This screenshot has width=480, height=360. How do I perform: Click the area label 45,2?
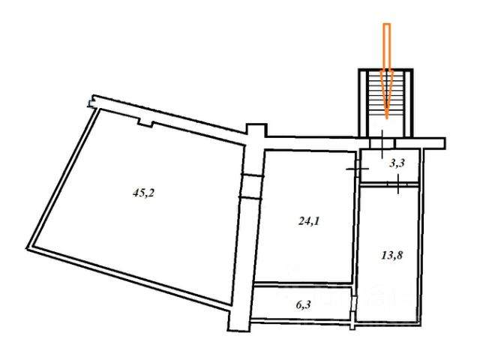click(143, 193)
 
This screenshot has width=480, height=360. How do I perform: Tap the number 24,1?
click(309, 220)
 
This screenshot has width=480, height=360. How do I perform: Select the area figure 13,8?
click(392, 255)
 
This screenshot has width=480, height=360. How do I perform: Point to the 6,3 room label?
click(303, 304)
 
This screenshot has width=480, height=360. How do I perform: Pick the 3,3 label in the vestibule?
click(397, 163)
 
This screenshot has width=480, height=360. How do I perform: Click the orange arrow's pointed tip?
click(387, 118)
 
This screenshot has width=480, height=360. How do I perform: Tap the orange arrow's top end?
click(387, 24)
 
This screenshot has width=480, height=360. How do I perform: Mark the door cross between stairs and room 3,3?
click(382, 144)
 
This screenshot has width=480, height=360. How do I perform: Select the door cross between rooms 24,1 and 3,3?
click(357, 169)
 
